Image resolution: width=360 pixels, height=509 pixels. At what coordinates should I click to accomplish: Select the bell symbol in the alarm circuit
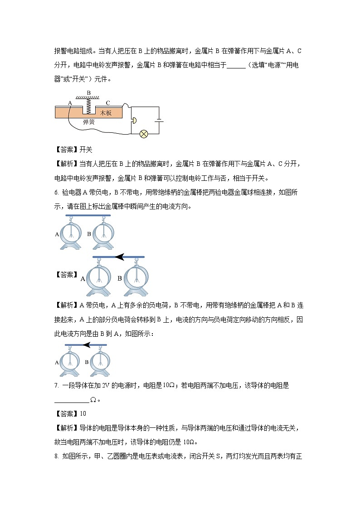[x=133, y=121]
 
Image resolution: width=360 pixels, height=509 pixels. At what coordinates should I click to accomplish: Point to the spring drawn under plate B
[x=89, y=107]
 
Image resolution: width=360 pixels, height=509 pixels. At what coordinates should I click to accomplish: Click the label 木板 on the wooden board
[x=106, y=112]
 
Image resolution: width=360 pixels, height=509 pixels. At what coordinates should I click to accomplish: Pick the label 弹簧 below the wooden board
[x=89, y=122]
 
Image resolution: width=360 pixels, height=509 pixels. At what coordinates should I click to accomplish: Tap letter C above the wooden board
[x=107, y=102]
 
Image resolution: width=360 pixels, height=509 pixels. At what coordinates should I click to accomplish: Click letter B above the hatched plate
[x=89, y=92]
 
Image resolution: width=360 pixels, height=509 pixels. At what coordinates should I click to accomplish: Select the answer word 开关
[x=86, y=150]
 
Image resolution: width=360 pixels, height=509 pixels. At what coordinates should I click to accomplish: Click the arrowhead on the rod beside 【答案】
[x=119, y=257]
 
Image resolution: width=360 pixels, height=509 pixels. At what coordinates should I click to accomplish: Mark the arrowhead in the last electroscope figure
[x=87, y=345]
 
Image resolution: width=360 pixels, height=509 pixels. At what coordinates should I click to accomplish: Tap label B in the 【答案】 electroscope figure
[x=120, y=278]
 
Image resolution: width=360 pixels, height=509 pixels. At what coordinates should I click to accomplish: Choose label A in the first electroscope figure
[x=57, y=234]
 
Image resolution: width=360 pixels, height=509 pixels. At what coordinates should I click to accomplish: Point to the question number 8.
[x=56, y=455]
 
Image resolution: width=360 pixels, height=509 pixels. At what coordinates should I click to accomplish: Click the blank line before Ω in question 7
[x=72, y=400]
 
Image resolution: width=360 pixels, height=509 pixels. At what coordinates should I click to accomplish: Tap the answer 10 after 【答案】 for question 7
[x=83, y=414]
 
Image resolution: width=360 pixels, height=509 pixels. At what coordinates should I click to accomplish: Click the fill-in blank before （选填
[x=236, y=65]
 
